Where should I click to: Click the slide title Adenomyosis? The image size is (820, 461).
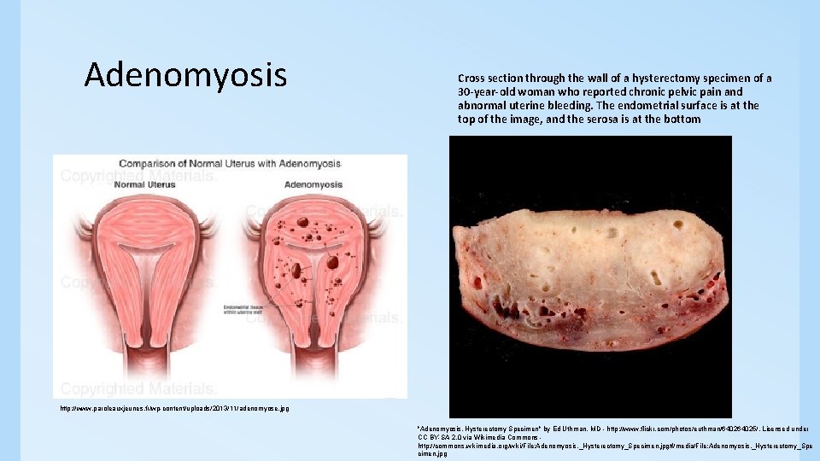[x=185, y=76]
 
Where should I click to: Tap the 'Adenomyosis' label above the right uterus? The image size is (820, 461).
[x=313, y=184]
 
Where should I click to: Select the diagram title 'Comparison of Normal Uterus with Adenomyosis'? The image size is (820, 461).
[x=230, y=163]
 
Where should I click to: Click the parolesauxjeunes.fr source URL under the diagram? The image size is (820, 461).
[x=174, y=409]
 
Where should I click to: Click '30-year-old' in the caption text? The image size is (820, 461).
[x=488, y=92]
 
